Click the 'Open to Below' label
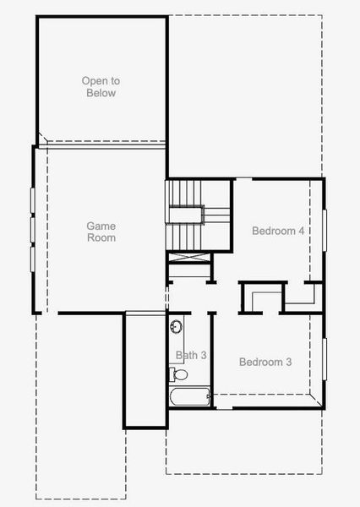coord(101,87)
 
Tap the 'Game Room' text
coord(101,232)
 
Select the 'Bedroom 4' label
coord(278,231)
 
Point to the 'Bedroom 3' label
coord(265,362)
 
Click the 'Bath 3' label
coord(191,355)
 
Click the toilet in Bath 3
coord(179,373)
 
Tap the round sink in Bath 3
coord(177,327)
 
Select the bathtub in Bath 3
coord(188,396)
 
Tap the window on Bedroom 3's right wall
coord(324,360)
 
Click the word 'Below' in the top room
coord(101,93)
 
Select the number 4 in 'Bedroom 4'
coord(301,231)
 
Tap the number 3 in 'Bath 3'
coord(203,355)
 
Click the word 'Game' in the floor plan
coord(101,226)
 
